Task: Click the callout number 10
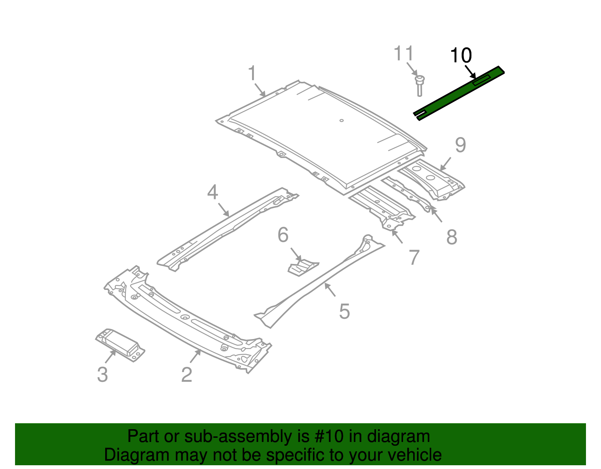pos(461,56)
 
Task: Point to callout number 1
pos(252,73)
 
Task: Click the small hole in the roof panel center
pos(341,121)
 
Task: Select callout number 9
pos(460,145)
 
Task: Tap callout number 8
pos(452,237)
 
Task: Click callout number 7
pos(414,258)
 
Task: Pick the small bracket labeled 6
pos(303,267)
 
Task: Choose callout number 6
pos(283,235)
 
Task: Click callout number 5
pos(344,312)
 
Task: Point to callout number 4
pos(213,192)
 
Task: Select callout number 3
pos(103,375)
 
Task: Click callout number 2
pos(187,375)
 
